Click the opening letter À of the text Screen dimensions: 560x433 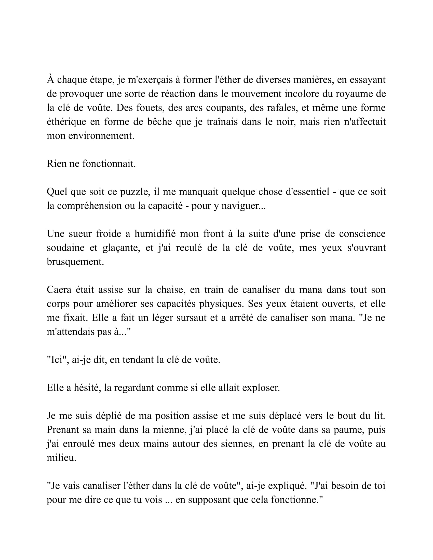click(50, 80)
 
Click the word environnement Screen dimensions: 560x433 click(101, 136)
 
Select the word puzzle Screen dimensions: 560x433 click(135, 192)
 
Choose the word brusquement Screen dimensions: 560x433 click(75, 261)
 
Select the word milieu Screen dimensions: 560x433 click(61, 458)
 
